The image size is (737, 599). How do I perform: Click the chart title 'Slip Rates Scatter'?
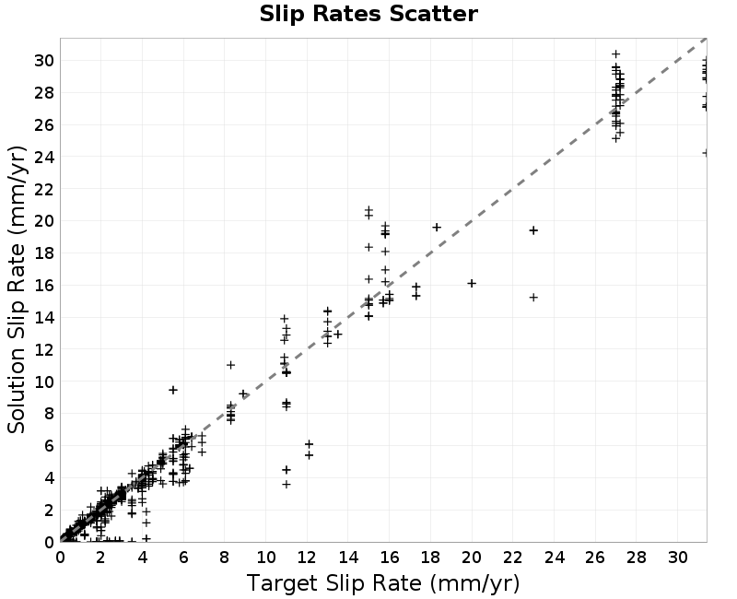point(368,14)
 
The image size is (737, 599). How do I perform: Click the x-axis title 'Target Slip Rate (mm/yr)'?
point(383,583)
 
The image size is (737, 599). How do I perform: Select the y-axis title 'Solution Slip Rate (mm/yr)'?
point(17,289)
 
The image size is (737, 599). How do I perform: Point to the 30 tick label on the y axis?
point(43,61)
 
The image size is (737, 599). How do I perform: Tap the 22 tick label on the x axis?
point(513,558)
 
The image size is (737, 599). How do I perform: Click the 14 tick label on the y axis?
point(43,318)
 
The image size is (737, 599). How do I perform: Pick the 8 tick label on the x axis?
point(224,558)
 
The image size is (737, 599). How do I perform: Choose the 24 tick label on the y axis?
point(43,157)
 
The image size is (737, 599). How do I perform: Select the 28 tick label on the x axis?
point(637,558)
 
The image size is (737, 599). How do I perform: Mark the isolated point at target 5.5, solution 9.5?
point(173,390)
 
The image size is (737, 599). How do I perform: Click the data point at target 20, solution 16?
point(472,283)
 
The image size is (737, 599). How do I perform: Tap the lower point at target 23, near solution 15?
point(533,297)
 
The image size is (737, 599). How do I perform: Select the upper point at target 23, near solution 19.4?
point(533,230)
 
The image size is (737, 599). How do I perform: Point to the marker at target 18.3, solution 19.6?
point(437,228)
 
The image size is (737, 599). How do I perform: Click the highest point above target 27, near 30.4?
point(615,54)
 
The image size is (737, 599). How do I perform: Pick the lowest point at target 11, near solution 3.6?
point(287,485)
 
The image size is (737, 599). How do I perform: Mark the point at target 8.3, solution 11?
point(230,365)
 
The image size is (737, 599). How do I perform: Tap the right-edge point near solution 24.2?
point(705,153)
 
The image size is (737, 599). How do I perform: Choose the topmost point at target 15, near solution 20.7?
point(368,210)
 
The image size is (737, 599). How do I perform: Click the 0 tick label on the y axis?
point(49,543)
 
